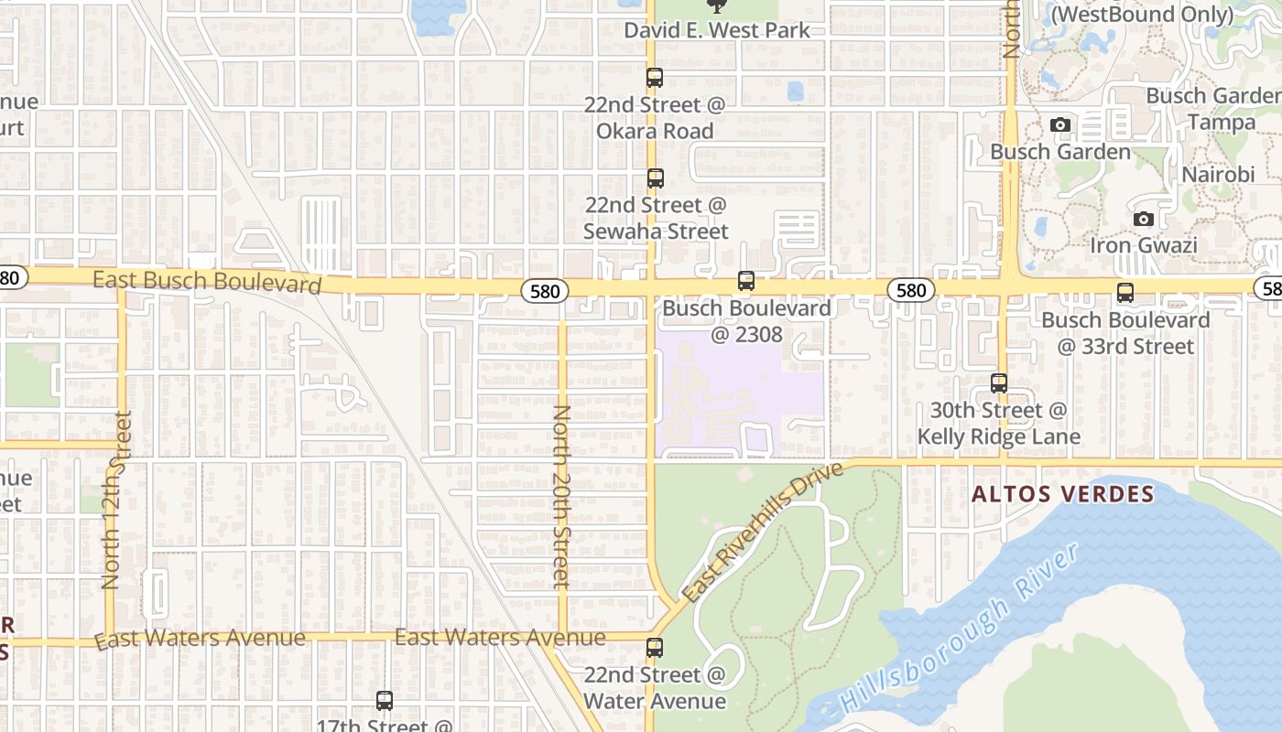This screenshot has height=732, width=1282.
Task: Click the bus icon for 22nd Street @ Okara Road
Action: (x=654, y=78)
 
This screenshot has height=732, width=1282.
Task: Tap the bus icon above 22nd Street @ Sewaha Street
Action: (x=655, y=178)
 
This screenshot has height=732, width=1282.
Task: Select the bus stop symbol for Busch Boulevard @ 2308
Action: (x=746, y=281)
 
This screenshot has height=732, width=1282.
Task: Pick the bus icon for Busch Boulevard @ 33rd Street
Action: (x=1124, y=293)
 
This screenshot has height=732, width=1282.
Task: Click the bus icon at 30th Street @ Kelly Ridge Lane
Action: (x=999, y=383)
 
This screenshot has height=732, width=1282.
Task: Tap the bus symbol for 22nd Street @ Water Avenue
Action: (x=654, y=648)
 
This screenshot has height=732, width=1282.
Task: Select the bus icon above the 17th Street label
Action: (x=385, y=701)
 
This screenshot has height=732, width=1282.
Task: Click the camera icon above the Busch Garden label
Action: (x=1060, y=124)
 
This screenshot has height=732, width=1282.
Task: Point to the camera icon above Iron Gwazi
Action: (x=1143, y=219)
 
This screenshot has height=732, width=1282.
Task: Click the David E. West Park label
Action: (x=717, y=30)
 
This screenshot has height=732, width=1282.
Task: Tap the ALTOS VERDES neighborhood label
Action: (x=1062, y=495)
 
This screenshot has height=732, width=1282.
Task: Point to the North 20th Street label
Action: (x=561, y=496)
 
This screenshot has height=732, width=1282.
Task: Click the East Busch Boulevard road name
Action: (x=207, y=281)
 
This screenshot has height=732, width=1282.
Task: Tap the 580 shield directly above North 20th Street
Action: (x=545, y=291)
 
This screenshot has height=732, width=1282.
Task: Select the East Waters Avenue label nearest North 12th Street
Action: (x=200, y=638)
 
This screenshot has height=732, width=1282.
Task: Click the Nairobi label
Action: (x=1217, y=175)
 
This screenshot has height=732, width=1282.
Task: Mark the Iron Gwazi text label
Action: (x=1143, y=245)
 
